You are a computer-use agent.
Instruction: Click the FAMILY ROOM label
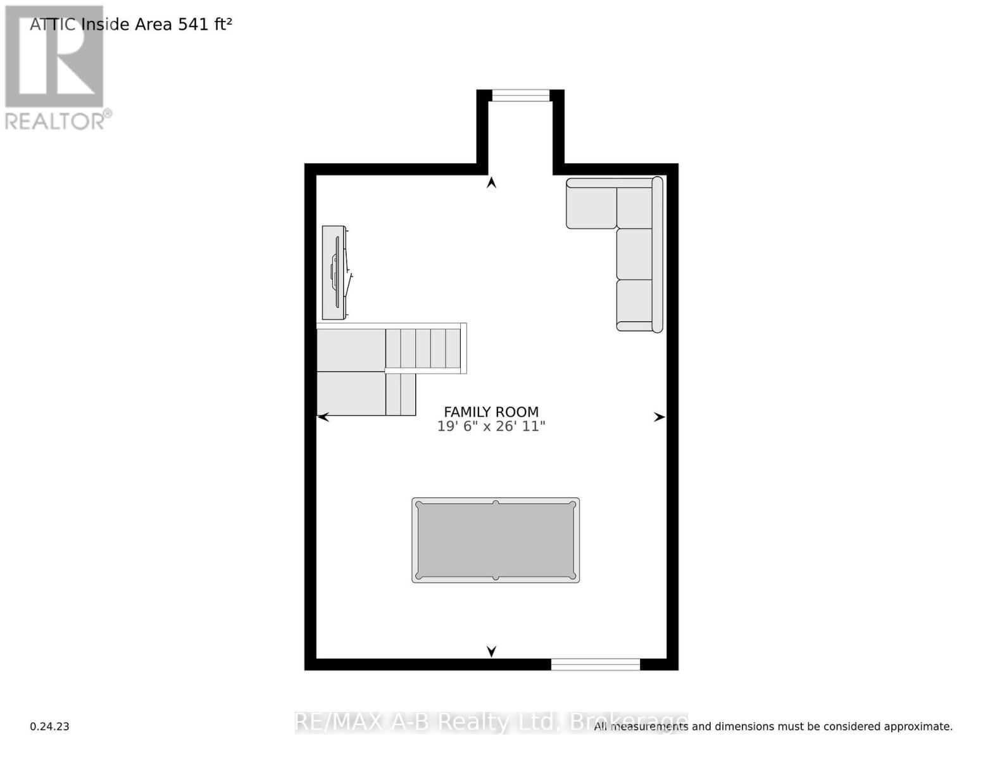491,412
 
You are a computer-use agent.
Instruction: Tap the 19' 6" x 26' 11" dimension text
491,426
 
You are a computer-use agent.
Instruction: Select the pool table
496,540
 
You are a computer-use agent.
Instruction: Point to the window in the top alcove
520,96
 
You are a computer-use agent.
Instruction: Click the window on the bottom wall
595,664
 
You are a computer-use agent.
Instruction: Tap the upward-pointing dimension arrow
491,183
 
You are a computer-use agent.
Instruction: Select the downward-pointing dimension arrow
491,651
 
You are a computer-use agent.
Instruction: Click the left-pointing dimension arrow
323,417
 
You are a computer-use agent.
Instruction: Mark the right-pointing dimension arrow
659,417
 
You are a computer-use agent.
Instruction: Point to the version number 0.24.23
49,726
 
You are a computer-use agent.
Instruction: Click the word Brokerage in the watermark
628,722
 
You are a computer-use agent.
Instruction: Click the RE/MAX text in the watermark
339,722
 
